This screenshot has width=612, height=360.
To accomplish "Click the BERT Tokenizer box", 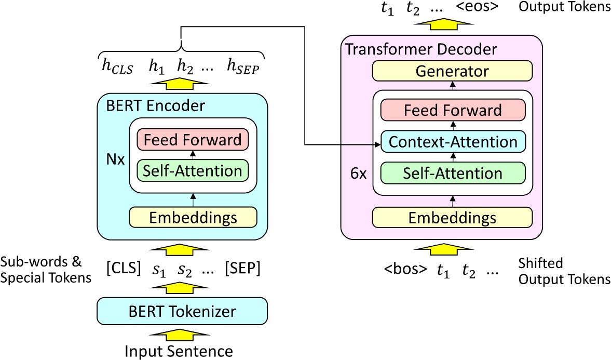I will [182, 312].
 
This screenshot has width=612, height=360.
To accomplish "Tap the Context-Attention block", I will [453, 141].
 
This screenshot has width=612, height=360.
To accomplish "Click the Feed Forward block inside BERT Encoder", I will [193, 140].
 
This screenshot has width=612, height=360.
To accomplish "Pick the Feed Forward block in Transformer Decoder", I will [453, 110].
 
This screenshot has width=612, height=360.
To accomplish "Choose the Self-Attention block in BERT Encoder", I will [193, 171].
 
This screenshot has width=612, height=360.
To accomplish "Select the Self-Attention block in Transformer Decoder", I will [453, 172].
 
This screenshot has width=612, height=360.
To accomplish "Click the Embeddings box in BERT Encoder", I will [193, 217].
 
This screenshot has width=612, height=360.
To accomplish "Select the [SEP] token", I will [242, 270].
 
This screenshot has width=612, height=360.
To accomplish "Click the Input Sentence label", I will [179, 351].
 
